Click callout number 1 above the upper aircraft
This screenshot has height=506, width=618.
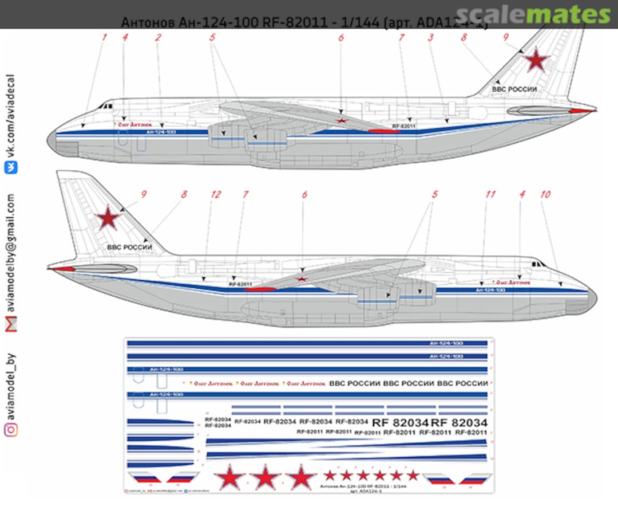pos(105,38)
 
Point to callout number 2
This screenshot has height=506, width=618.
pos(158,38)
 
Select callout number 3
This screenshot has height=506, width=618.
pos(430,38)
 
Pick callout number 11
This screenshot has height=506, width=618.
pos(490,195)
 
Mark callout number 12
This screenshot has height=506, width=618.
pos(215,195)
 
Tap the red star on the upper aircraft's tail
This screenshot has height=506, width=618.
pos(537,59)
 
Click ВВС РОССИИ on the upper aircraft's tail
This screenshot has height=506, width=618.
pos(514,89)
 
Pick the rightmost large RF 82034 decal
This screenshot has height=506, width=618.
pos(459,422)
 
